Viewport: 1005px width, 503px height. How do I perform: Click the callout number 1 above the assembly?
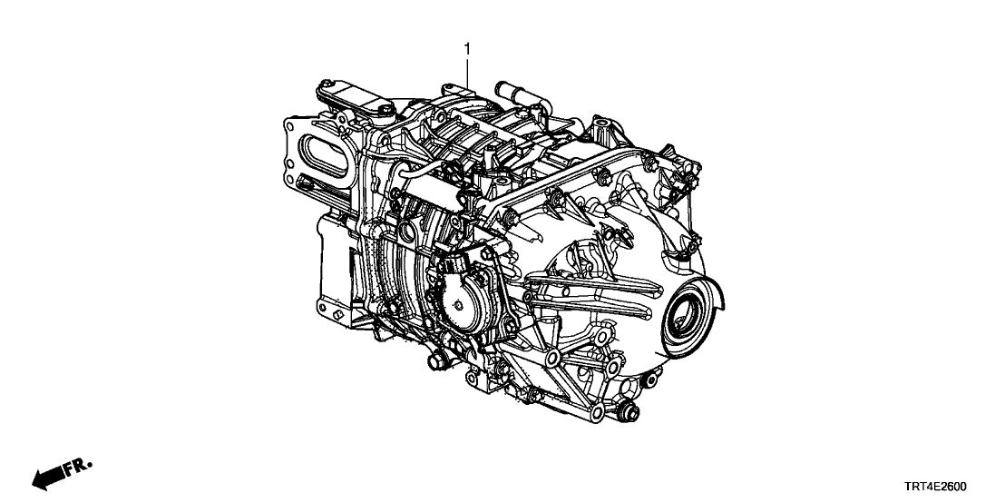pos(468,49)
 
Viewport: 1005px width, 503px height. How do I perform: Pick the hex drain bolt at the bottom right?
pos(628,410)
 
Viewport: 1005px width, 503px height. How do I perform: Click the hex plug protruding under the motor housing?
pos(437,361)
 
